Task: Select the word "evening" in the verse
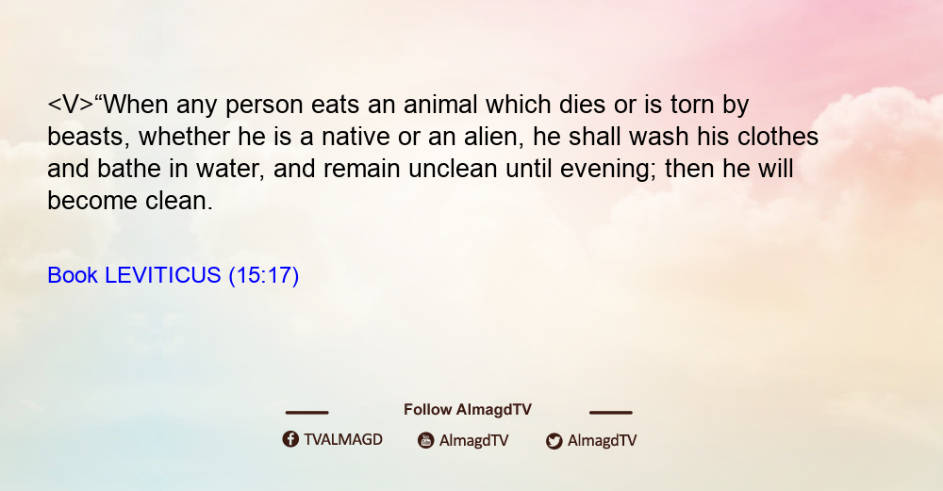(608, 170)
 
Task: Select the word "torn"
(691, 106)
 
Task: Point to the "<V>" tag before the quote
(71, 105)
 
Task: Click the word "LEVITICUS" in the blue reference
(163, 275)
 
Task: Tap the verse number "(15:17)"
(264, 275)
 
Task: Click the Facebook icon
(290, 439)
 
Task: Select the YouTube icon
(426, 440)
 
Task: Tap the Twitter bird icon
(554, 441)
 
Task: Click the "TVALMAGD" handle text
(343, 439)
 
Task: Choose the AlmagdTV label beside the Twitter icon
(602, 440)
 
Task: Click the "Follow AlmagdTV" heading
(468, 409)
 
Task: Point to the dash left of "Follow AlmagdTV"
(306, 413)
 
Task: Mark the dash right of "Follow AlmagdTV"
(611, 413)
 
